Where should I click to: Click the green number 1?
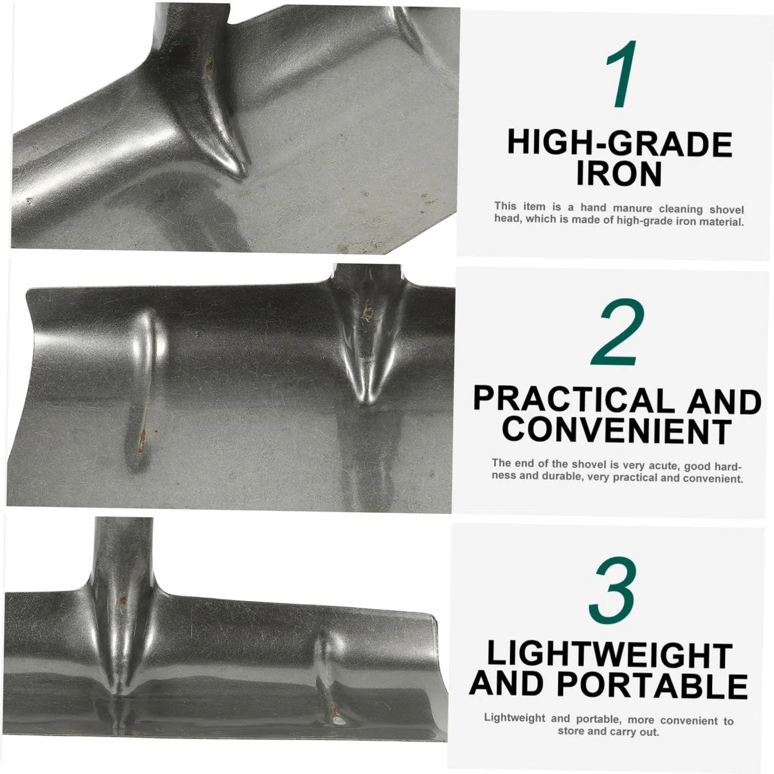click(621, 74)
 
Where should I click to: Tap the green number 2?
click(617, 332)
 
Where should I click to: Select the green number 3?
click(613, 590)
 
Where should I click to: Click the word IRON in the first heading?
click(619, 174)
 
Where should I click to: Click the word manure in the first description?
click(632, 208)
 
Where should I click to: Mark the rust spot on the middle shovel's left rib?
click(142, 436)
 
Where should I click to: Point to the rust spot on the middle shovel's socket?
click(367, 313)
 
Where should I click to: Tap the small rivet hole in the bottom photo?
click(339, 721)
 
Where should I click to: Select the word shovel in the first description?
click(727, 210)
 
